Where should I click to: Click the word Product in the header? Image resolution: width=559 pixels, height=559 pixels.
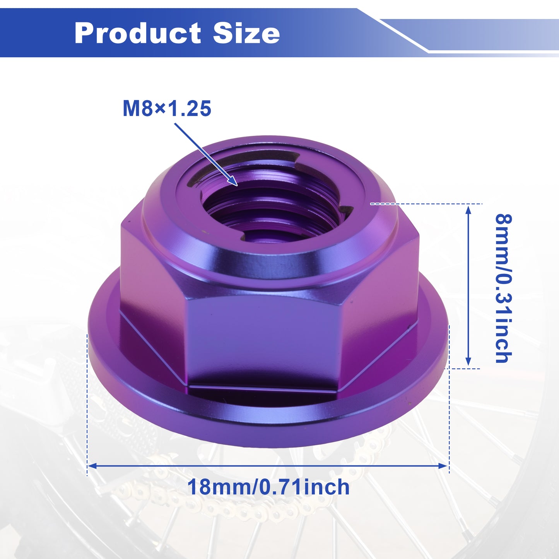click(x=137, y=33)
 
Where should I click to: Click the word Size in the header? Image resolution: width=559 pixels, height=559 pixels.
click(x=246, y=33)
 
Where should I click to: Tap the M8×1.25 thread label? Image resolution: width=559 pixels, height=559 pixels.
click(x=167, y=108)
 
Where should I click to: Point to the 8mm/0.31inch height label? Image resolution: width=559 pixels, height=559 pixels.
click(x=503, y=288)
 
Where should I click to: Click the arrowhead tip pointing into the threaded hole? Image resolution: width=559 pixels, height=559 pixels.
click(x=238, y=185)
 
